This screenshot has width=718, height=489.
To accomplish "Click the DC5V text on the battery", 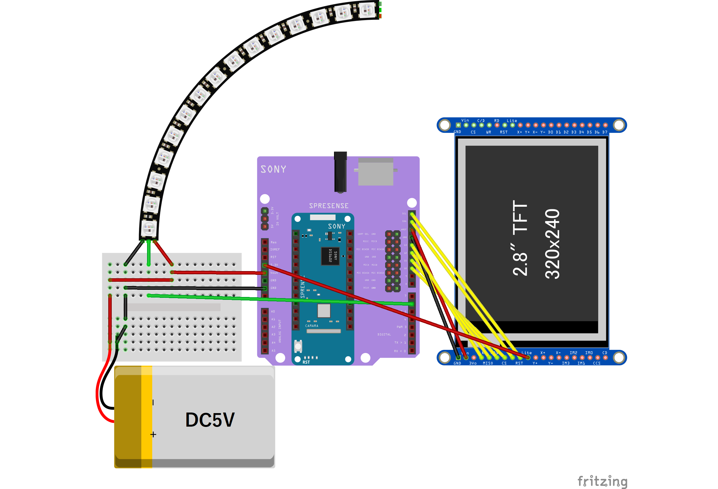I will click(x=210, y=420).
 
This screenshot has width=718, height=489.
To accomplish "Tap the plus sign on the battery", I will click(x=153, y=435).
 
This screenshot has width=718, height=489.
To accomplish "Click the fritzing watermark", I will click(x=602, y=481).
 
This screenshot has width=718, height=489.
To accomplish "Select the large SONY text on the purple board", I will click(x=273, y=169).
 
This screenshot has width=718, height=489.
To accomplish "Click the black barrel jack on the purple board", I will click(x=340, y=172).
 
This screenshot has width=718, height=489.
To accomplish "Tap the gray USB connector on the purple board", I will click(x=376, y=172).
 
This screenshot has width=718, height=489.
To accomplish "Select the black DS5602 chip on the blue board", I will click(x=330, y=256).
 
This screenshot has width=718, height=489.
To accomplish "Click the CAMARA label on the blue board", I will click(x=312, y=326).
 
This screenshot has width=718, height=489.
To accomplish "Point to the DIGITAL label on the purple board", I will click(x=384, y=334).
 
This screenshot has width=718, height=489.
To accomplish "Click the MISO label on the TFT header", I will click(x=488, y=363).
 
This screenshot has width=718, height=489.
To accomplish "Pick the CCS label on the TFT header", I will click(x=597, y=363).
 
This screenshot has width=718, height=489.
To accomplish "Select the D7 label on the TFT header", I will click(x=605, y=132).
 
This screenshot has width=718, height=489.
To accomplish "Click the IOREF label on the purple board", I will click(x=275, y=250).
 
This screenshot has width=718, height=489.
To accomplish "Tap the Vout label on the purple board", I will click(x=274, y=273).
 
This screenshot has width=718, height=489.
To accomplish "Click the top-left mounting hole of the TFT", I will click(x=445, y=125).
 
